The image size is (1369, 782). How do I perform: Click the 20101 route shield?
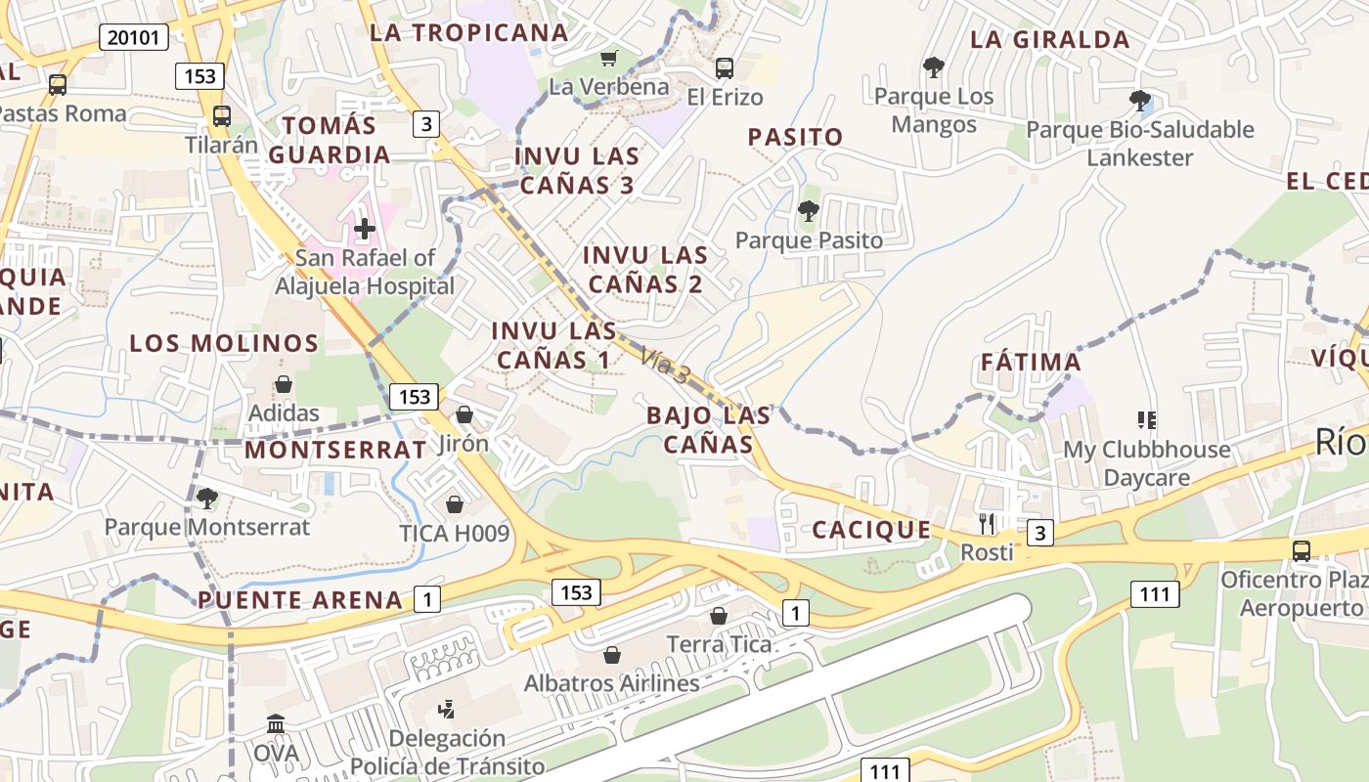point(134,37)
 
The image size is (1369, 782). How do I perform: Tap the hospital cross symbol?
point(365,229)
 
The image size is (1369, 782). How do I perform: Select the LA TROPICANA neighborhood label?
point(468,32)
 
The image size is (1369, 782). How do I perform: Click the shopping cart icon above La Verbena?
point(609,59)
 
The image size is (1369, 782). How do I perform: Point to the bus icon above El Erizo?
point(725,68)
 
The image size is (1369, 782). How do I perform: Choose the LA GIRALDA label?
point(1050,40)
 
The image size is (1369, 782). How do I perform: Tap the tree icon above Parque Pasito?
point(808,210)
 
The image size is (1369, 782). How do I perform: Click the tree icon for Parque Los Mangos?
point(934,67)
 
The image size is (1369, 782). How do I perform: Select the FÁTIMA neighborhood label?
point(1031,363)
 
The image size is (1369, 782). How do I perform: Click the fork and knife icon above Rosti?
point(987,524)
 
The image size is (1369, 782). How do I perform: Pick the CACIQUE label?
point(871,531)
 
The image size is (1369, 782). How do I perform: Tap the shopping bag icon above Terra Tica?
point(719,616)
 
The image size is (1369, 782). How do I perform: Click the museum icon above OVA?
point(276,725)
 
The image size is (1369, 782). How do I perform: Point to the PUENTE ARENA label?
point(300,600)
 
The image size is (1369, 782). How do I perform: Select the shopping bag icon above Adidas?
point(283,384)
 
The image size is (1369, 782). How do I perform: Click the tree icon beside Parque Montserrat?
point(207,499)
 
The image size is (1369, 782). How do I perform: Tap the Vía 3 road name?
point(666,365)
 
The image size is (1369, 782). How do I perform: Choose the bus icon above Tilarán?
point(222,115)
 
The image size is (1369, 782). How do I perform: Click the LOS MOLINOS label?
point(224,343)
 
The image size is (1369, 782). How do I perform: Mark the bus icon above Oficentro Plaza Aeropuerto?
point(1302,550)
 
